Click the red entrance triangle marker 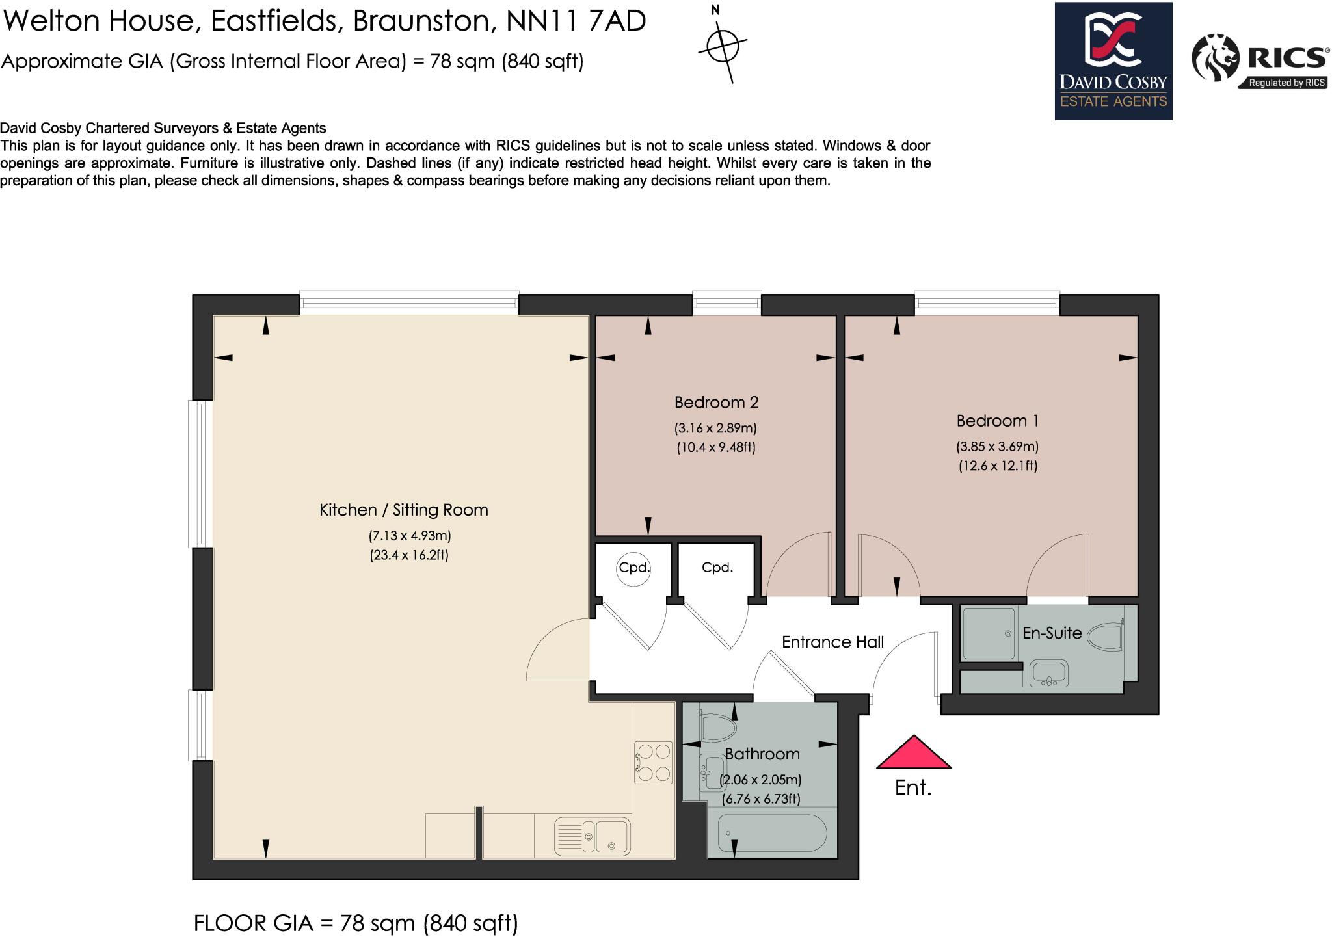click(x=914, y=753)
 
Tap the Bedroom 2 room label click(x=716, y=403)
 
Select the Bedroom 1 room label click(x=997, y=421)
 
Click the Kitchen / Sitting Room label click(x=403, y=510)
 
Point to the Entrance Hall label click(x=832, y=642)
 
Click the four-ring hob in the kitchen click(x=653, y=762)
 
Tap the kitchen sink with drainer click(x=593, y=835)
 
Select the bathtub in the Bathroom click(x=772, y=833)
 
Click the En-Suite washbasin click(x=1048, y=672)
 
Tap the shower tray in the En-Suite click(x=988, y=633)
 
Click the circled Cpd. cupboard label click(x=634, y=568)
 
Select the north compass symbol click(x=723, y=46)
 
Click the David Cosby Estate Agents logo click(x=1113, y=61)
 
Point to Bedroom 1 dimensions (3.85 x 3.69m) click(x=997, y=447)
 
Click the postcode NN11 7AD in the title click(x=576, y=21)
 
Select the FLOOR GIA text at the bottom click(x=356, y=923)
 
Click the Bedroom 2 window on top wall click(x=726, y=302)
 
